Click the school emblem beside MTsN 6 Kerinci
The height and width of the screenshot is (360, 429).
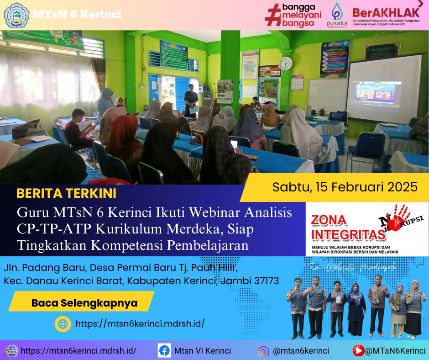tap(16, 15)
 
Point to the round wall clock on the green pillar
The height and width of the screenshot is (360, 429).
tap(285, 64)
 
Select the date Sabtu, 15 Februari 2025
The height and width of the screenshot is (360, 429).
tap(345, 187)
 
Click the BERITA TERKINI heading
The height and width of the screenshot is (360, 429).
tap(66, 193)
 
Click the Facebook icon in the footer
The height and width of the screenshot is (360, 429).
tap(164, 351)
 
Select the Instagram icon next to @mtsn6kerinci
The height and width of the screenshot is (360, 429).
tap(263, 351)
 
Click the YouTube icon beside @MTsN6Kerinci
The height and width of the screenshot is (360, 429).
tap(358, 351)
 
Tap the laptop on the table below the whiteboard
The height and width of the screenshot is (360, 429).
tap(337, 116)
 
